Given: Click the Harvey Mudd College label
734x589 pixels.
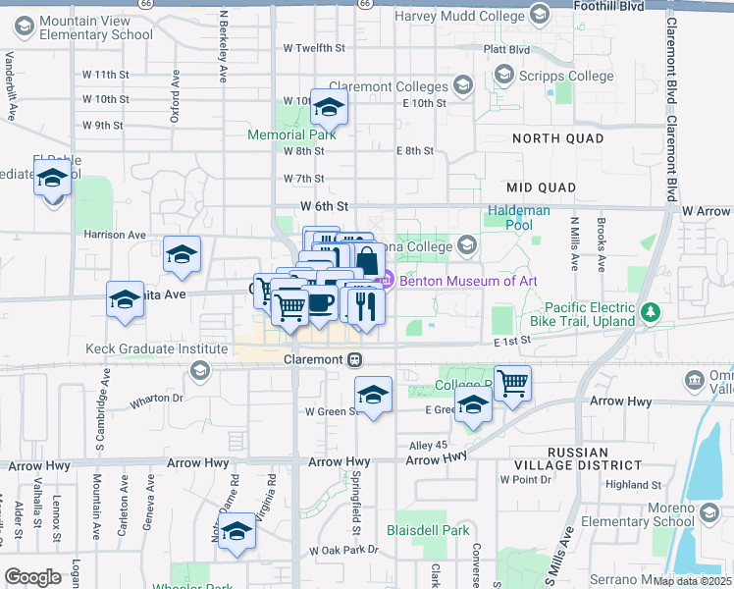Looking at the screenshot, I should coord(459,16).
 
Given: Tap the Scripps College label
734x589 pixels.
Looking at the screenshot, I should coord(560,75).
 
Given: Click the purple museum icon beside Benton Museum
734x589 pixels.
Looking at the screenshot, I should coord(386,281).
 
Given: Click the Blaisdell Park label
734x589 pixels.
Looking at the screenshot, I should coord(428,530).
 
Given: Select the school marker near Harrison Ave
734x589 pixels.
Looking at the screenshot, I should coord(182,254).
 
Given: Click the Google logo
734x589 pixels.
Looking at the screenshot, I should coord(33,577).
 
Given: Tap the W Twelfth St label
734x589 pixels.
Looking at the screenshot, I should coord(314,47).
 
